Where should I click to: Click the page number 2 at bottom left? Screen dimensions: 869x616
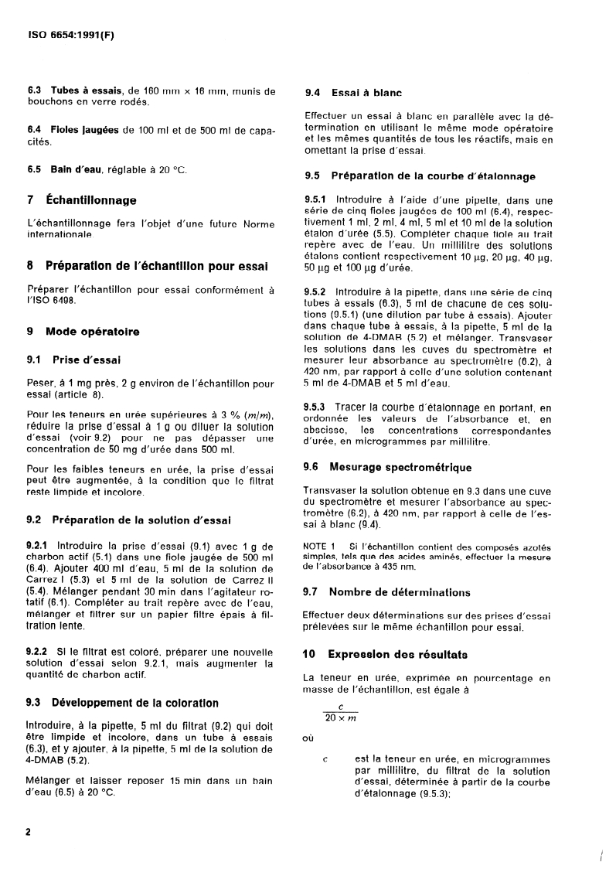[29, 832]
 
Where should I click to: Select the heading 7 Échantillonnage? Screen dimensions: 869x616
[81, 200]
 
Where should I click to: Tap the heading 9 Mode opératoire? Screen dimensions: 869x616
[83, 332]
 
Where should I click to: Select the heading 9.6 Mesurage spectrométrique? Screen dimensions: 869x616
[388, 467]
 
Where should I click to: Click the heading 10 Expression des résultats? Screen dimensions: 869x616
[386, 654]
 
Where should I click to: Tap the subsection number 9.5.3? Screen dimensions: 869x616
[317, 407]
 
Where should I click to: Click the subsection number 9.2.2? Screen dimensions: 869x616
[39, 652]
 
